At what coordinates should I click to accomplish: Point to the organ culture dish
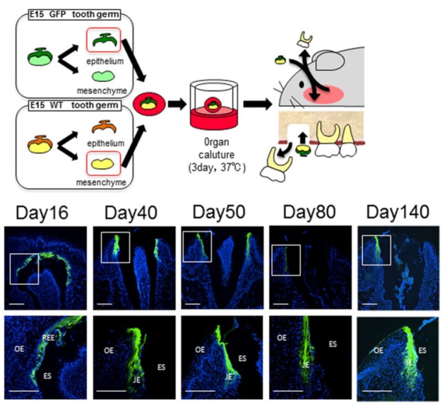212,109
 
